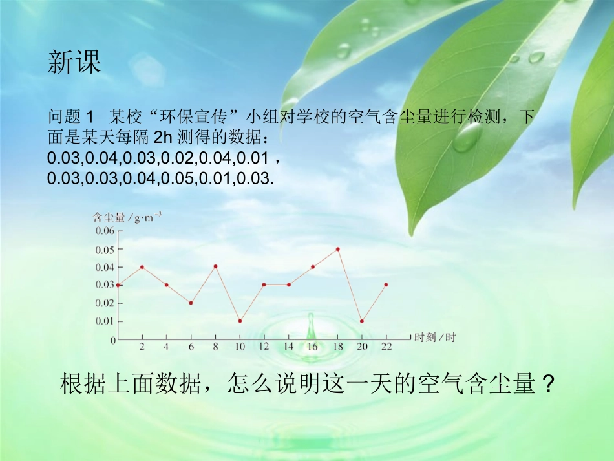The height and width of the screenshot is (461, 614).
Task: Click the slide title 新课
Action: (x=74, y=63)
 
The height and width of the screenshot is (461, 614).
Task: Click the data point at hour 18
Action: (x=337, y=249)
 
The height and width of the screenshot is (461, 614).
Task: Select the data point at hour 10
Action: (x=240, y=321)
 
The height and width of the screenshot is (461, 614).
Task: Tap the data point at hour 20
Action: (x=362, y=321)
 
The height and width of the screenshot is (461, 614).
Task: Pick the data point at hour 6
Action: (x=191, y=303)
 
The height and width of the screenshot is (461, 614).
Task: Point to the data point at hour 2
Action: (x=142, y=267)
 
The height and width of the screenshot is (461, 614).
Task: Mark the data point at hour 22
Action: (x=386, y=284)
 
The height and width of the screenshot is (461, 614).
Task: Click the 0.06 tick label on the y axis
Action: (x=105, y=231)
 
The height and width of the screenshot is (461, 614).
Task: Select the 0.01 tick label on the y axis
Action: (x=105, y=321)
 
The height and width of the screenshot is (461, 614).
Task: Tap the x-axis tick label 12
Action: (x=264, y=347)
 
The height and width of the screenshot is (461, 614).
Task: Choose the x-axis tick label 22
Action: (x=386, y=347)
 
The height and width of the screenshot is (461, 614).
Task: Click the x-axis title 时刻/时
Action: (x=435, y=337)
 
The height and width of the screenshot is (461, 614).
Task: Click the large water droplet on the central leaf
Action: (x=467, y=137)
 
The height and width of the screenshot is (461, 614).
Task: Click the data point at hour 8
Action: (x=215, y=266)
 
